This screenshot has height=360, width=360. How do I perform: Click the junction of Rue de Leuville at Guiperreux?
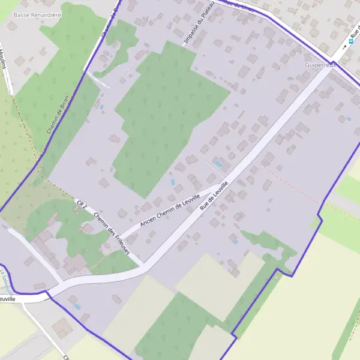pos(331,67)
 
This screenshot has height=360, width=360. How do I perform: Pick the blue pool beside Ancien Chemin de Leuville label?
pos(173,182)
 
